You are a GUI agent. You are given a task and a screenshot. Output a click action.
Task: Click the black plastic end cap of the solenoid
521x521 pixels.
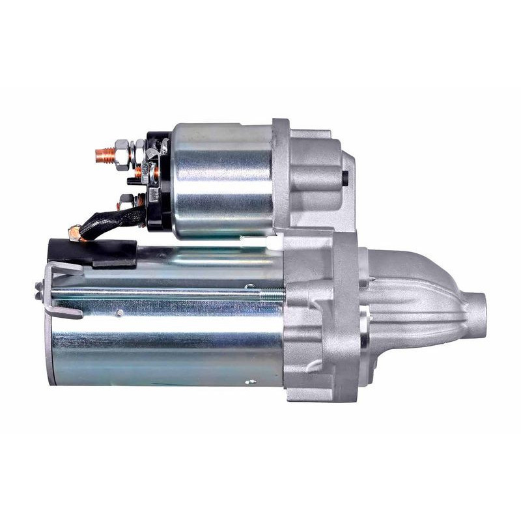(x=158, y=182)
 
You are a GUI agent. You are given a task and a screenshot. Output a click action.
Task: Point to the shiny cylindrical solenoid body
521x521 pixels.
(x=221, y=179)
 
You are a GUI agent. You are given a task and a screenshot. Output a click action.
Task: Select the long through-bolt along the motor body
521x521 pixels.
(x=163, y=291)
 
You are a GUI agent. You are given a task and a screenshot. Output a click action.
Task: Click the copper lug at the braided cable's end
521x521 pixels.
(x=75, y=231)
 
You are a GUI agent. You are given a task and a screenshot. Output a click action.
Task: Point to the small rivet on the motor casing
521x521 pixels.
(x=119, y=313)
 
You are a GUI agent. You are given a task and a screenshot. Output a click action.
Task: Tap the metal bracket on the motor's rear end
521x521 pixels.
(x=65, y=290)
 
